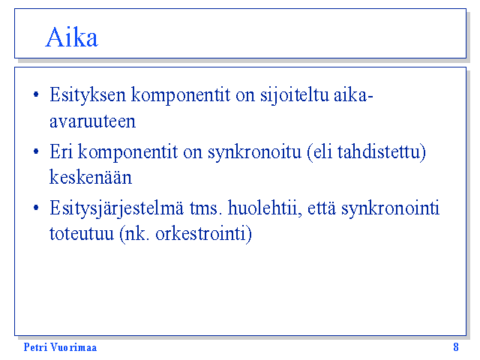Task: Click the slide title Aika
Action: [x=72, y=37]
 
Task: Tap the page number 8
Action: [x=456, y=347]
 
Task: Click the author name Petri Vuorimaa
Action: [x=60, y=347]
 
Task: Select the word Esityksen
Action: [x=88, y=95]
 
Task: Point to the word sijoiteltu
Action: [x=295, y=95]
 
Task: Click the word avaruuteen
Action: [x=92, y=121]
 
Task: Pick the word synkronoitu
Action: [x=255, y=152]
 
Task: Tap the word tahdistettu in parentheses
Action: [x=379, y=151]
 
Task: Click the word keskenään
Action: [x=91, y=177]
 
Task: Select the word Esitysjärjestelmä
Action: [x=117, y=209]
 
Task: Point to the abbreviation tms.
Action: [x=205, y=208]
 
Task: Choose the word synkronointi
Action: [x=390, y=208]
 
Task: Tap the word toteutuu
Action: [x=82, y=234]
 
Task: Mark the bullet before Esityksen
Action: [x=36, y=94]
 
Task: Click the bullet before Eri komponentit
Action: [x=36, y=151]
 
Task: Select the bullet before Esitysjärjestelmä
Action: [x=36, y=208]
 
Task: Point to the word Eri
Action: [x=61, y=151]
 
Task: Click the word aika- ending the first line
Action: [x=353, y=94]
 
